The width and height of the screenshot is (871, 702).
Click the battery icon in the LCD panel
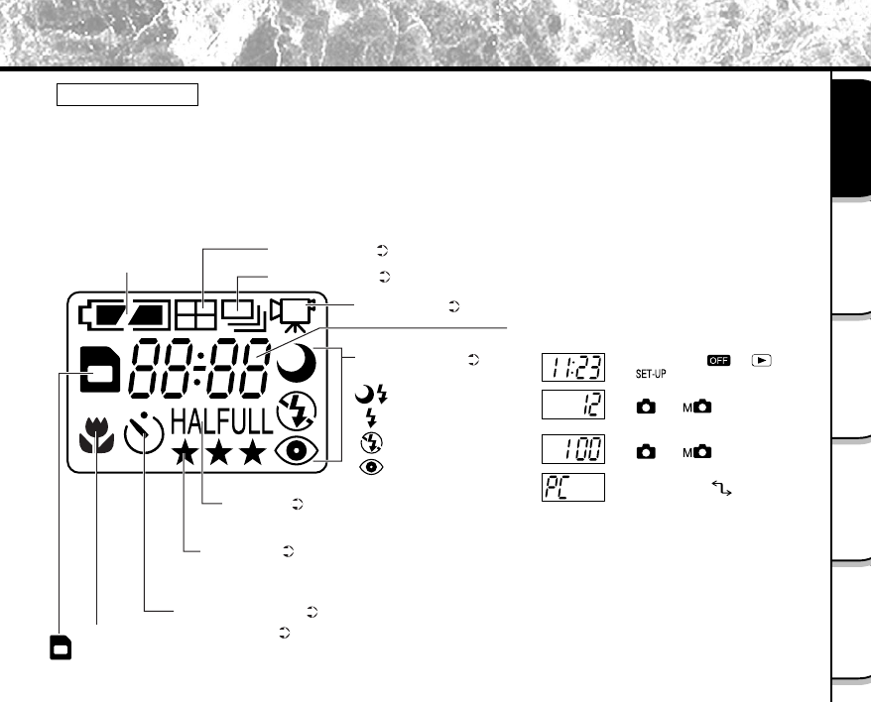tap(124, 315)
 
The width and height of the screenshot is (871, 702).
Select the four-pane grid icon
tap(195, 315)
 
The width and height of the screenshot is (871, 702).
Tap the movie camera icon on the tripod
tap(294, 315)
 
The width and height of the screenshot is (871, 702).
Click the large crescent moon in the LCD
tap(297, 363)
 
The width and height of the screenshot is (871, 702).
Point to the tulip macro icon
tap(96, 435)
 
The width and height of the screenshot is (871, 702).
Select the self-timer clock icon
tap(144, 432)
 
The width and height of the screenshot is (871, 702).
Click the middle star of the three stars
tap(219, 453)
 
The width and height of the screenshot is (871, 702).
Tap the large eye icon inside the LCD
tap(297, 450)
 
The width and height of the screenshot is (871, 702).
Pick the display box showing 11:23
tap(573, 367)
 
